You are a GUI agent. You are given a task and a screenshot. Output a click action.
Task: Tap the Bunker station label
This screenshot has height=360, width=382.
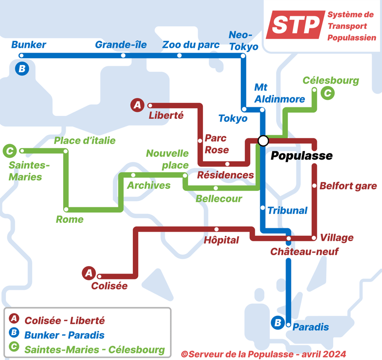29,45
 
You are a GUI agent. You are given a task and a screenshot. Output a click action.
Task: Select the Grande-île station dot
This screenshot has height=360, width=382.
123,55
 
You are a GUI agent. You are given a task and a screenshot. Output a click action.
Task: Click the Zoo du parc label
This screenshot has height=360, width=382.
191,45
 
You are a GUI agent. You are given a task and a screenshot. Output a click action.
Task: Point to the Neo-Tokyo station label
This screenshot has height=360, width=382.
243,40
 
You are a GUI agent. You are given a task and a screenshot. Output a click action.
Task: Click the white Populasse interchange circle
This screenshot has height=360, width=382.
263,141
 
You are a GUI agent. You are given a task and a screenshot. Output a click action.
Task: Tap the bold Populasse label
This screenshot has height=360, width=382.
301,156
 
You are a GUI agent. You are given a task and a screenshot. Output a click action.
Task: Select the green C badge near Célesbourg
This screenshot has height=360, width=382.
327,92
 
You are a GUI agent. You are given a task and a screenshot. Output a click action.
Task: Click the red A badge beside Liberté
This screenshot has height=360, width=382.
137,105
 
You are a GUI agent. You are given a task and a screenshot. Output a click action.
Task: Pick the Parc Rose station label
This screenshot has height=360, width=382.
217,144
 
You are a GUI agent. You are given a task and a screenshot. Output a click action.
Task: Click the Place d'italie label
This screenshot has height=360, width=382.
85,141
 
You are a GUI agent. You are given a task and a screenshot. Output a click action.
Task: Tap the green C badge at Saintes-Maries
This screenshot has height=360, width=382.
9,150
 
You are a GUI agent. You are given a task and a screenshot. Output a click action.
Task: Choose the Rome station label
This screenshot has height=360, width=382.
70,219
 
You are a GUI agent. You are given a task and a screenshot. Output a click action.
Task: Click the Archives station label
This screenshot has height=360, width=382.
149,185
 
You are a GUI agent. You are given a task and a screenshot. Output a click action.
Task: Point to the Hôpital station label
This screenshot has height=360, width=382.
221,240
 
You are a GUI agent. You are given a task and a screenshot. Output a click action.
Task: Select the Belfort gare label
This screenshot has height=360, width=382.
348,186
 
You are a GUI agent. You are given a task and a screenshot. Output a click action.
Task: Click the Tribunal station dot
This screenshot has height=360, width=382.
263,207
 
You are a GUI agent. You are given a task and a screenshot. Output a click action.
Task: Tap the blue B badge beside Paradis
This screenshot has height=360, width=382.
277,323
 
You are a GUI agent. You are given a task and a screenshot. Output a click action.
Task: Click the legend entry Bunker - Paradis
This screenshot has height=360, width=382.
64,335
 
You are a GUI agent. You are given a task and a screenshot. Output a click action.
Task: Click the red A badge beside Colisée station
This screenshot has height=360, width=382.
89,272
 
